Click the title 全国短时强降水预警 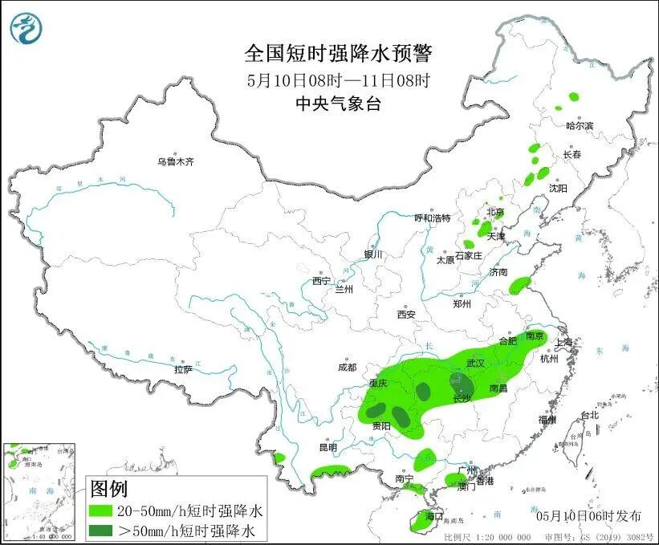(x=337, y=54)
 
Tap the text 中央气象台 (x=337, y=103)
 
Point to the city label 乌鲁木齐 (x=176, y=161)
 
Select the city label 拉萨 (x=183, y=369)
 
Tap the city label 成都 (x=347, y=368)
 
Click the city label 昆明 (x=328, y=447)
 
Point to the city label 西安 (x=405, y=315)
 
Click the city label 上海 (x=565, y=342)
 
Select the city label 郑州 (x=462, y=304)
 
